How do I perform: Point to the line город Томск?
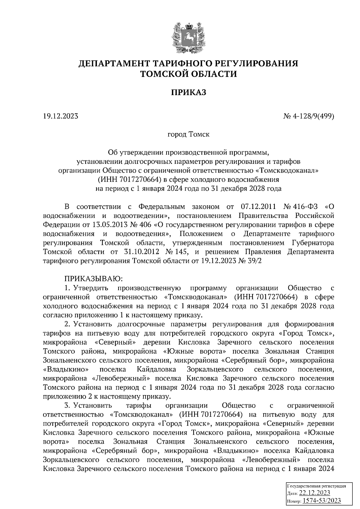(188, 134)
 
